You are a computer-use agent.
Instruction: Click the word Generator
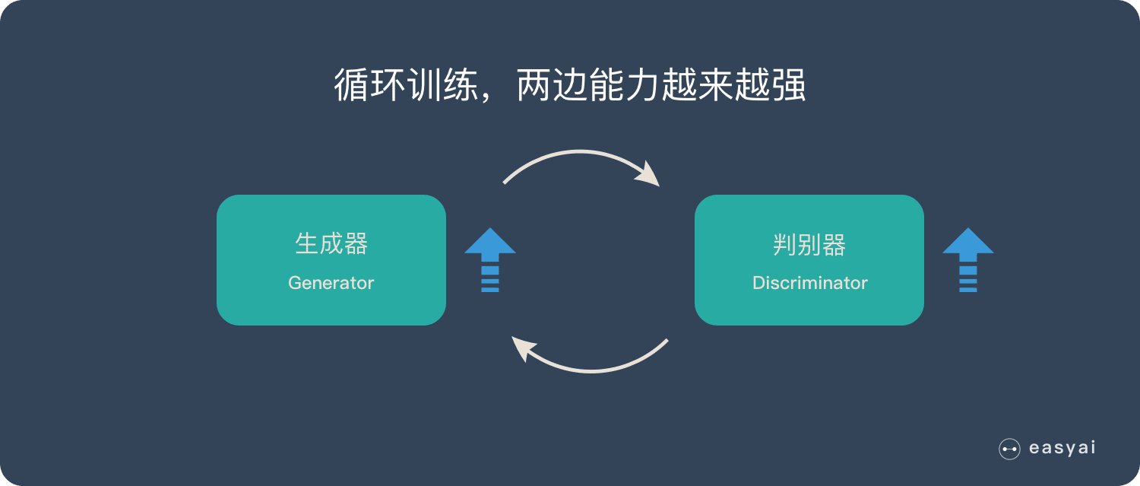click(x=331, y=283)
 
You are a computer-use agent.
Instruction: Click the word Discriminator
click(x=809, y=283)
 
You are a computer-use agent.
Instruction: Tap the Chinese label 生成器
click(x=331, y=244)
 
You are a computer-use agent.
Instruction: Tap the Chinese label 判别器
click(x=809, y=244)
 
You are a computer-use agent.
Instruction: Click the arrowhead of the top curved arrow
click(x=649, y=174)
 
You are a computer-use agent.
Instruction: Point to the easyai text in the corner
click(x=1062, y=448)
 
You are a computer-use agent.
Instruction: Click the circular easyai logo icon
click(x=1009, y=449)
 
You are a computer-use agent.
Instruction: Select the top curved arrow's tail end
click(x=505, y=182)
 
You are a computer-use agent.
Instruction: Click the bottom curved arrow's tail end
click(x=666, y=341)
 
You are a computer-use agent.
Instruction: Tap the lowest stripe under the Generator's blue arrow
click(x=490, y=289)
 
